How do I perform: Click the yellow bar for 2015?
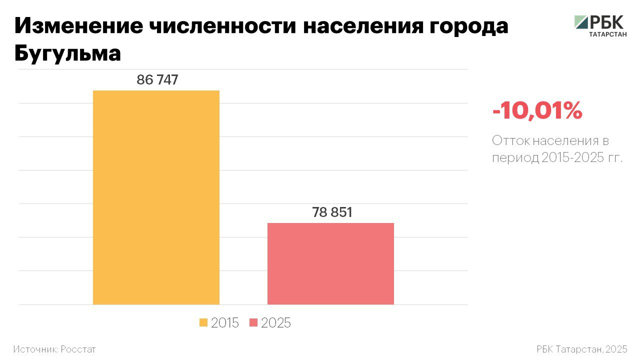(156, 197)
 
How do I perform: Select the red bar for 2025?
(330, 263)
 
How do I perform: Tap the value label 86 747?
(157, 80)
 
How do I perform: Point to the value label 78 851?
(332, 212)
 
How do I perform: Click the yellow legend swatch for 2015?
(203, 323)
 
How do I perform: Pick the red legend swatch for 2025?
(253, 323)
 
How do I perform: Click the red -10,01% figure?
(537, 110)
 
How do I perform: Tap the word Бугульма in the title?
(67, 53)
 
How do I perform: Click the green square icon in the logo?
(581, 22)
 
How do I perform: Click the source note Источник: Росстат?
(54, 349)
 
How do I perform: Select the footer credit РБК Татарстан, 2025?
(581, 349)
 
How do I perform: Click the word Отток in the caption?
(509, 140)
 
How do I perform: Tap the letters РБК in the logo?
(607, 22)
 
